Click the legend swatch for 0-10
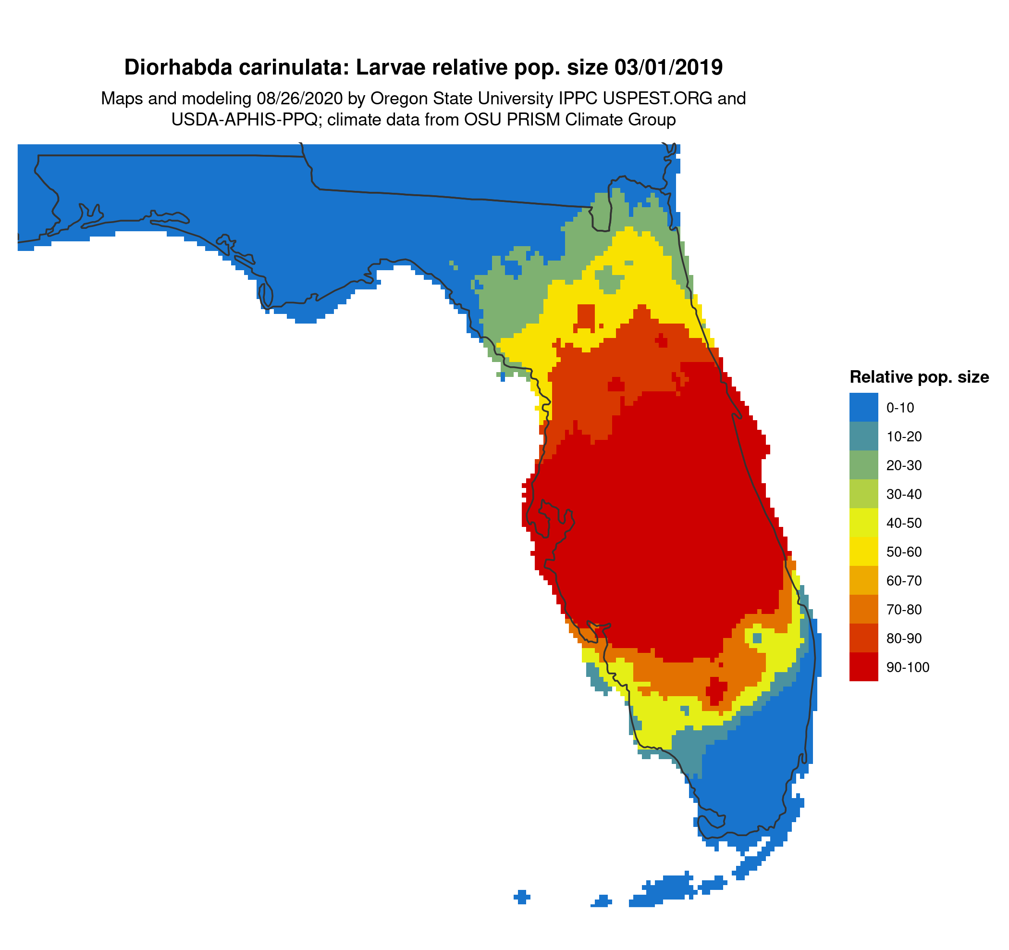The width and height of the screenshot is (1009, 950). (863, 407)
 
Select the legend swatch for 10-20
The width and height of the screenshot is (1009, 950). (863, 436)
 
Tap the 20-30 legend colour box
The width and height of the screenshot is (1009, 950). (863, 465)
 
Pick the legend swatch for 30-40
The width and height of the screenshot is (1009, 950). (863, 494)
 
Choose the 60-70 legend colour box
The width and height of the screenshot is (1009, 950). (863, 580)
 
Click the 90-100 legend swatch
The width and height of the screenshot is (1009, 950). (863, 667)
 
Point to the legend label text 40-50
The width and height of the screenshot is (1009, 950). (904, 523)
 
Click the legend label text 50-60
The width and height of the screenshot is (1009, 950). (904, 552)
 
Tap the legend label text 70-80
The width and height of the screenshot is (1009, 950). (904, 609)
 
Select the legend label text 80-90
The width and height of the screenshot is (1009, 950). (904, 638)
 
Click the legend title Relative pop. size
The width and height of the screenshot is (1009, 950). (919, 377)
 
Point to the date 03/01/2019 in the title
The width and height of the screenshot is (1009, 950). (668, 67)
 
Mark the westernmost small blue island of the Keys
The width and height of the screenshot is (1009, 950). (521, 897)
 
